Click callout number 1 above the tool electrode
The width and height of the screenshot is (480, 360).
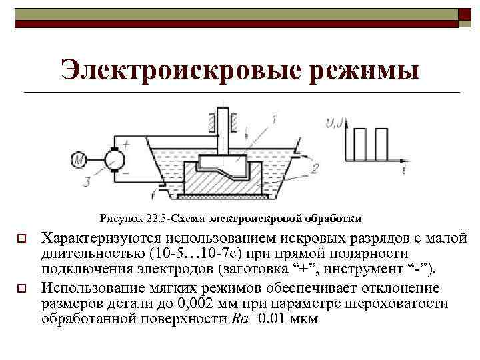pos(273,119)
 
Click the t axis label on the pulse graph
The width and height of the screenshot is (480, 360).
pos(405,171)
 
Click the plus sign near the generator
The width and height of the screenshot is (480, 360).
pos(126,142)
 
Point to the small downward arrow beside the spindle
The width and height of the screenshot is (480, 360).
pos(248,131)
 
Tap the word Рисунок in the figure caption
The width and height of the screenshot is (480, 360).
pos(119,218)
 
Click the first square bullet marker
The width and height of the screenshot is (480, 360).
pos(21,238)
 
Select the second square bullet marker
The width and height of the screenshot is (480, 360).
pos(21,289)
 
